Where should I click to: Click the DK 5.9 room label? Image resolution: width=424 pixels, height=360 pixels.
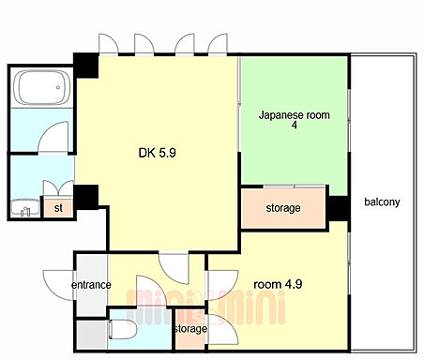[x=158, y=153]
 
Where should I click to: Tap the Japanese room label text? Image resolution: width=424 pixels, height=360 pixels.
[x=295, y=115]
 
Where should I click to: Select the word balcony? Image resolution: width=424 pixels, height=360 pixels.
[x=382, y=202]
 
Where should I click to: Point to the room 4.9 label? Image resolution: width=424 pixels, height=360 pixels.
[x=278, y=284]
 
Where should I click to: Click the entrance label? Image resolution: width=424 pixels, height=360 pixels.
[x=91, y=285]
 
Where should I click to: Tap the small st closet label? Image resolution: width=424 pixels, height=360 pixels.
[x=58, y=207]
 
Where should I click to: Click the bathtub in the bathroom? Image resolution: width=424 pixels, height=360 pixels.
[x=42, y=87]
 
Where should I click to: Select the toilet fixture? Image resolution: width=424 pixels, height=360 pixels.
[x=122, y=329]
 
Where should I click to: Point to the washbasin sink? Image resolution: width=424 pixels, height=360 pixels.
[x=25, y=207]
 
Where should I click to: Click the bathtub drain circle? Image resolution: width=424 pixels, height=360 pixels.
[x=58, y=87]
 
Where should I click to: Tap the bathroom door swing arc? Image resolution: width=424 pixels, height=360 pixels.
[x=53, y=137]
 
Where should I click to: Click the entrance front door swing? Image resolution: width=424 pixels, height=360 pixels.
[x=59, y=285]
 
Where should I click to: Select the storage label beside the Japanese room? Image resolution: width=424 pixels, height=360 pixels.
[x=283, y=208]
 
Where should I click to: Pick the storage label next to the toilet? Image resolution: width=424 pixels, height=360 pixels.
[x=190, y=329]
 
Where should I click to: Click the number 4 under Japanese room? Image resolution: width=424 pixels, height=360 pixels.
[x=295, y=125]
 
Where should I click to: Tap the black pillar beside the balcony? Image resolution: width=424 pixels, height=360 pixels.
[x=338, y=208]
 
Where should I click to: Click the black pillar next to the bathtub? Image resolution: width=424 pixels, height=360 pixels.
[x=86, y=66]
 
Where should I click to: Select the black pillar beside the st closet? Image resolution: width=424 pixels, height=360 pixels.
[x=86, y=198]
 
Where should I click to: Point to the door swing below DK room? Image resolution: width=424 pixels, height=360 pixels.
[x=174, y=269]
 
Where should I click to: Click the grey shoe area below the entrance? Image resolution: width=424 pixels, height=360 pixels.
[x=91, y=335]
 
